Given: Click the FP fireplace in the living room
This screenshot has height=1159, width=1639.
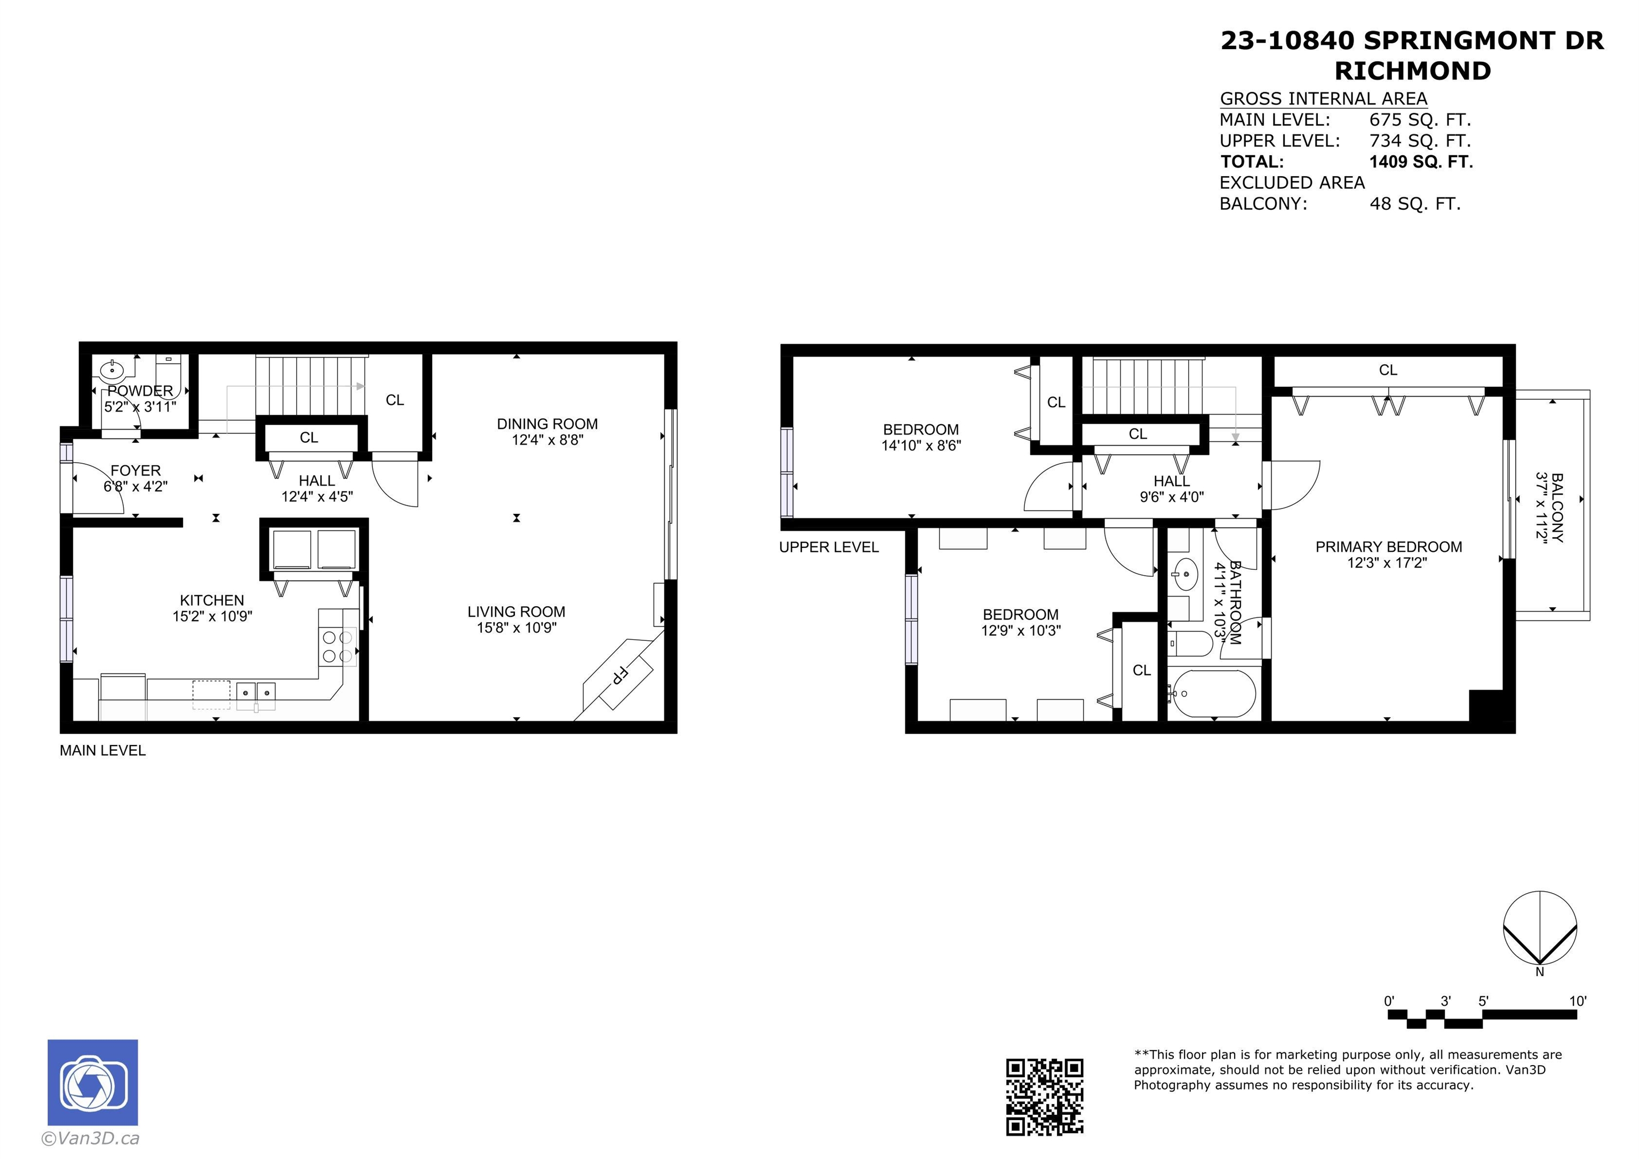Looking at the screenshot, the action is [x=618, y=675].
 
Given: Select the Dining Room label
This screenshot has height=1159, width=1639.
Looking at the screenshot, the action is [x=547, y=424].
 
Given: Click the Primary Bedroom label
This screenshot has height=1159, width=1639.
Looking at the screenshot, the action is [x=1388, y=547].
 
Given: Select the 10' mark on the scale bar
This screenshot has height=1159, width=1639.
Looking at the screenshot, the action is [x=1578, y=1001].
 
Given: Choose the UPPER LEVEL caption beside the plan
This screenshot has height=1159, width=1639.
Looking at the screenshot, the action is [x=829, y=547].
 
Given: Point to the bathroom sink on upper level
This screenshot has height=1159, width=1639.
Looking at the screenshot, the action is [x=1186, y=574].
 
